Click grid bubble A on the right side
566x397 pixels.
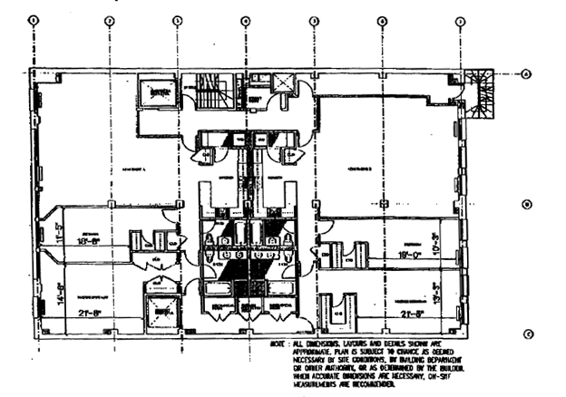[526, 74]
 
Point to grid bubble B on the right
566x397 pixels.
[526, 205]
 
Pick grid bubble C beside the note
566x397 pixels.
[527, 334]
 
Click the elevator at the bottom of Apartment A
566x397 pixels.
[163, 314]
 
